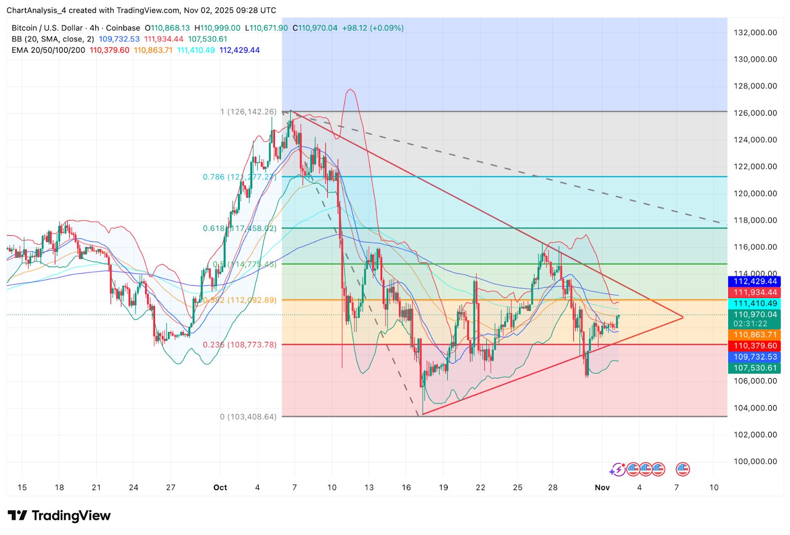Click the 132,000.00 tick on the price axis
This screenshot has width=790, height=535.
755,33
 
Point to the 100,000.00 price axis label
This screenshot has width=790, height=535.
755,461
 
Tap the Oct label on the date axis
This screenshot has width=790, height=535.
220,488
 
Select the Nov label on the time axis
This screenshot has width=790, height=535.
602,488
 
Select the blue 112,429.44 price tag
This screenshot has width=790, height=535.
754,281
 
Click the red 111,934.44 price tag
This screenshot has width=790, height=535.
754,293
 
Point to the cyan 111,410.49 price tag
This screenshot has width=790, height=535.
754,304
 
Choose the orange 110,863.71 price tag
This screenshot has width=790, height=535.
754,335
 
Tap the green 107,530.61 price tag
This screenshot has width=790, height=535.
754,368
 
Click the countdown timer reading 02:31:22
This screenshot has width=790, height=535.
750,324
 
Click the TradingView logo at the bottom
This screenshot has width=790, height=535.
59,516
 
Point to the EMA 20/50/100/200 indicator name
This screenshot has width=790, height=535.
48,50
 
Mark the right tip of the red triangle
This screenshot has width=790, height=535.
683,317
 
